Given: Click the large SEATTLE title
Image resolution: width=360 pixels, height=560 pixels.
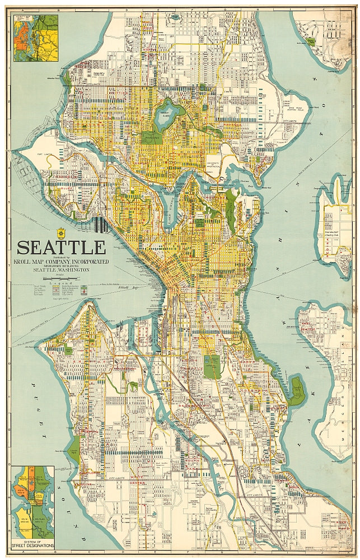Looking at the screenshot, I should pyautogui.click(x=61, y=247).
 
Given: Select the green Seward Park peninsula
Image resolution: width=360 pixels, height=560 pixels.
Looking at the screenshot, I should pyautogui.click(x=296, y=391).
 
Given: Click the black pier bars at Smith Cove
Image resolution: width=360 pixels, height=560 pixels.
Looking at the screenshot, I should pyautogui.click(x=101, y=225).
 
